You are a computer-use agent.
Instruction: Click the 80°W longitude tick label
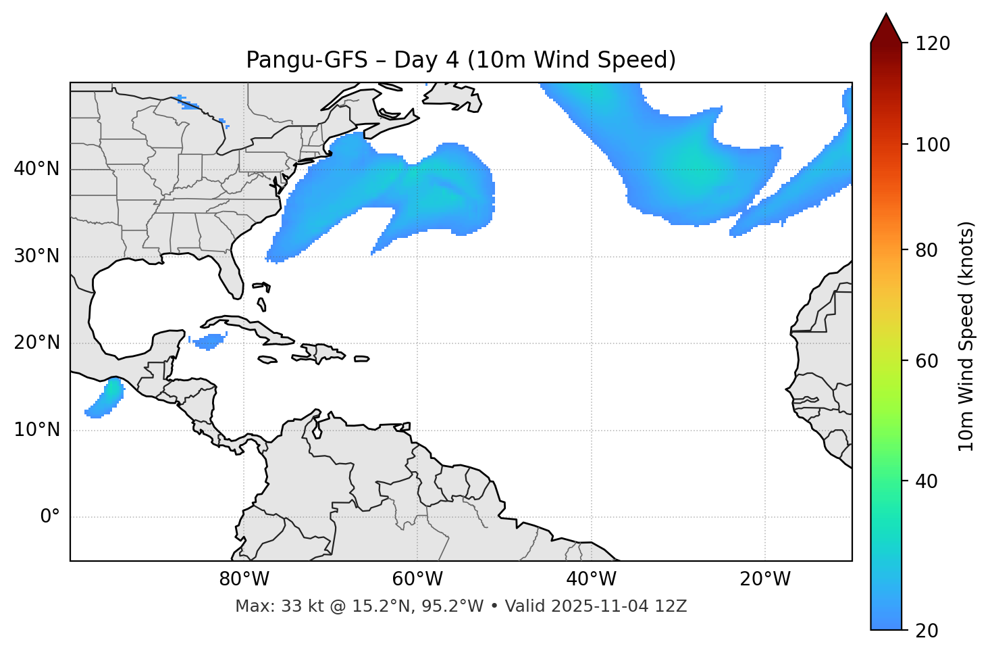244,579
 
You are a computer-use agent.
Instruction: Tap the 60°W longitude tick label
417,579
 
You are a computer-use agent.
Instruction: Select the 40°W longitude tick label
591,579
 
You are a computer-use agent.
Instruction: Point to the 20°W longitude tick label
764,579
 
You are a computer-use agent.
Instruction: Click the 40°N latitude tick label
36,169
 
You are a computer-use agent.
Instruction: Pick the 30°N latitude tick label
36,256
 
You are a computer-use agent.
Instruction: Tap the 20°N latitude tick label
36,343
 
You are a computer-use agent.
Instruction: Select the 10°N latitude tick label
36,430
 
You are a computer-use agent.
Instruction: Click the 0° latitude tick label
50,517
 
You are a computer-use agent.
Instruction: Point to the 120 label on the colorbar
933,44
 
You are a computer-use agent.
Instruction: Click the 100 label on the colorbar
933,145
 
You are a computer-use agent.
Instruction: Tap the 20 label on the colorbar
927,631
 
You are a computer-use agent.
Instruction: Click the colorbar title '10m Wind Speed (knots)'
966,336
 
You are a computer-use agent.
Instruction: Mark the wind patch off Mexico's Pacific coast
107,397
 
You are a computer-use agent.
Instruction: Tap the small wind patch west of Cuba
209,341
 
